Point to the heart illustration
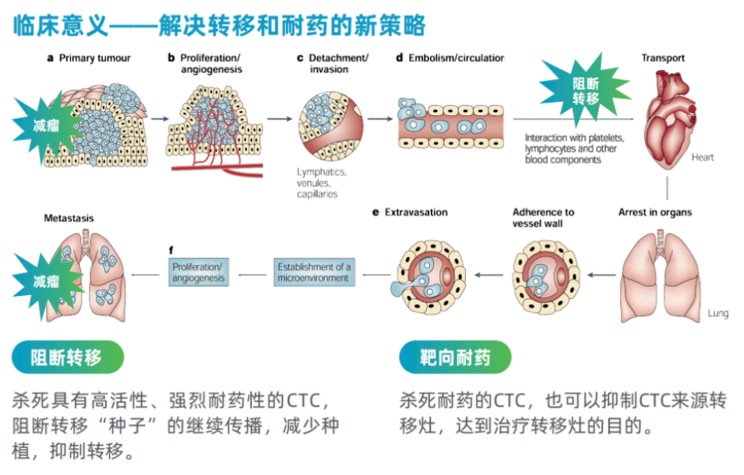click(668, 117)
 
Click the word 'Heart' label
click(702, 157)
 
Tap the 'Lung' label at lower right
click(718, 313)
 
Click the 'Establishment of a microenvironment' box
click(314, 273)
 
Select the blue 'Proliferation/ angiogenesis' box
click(199, 273)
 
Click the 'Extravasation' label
click(416, 212)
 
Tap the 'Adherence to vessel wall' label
click(543, 217)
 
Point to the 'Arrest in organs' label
click(654, 212)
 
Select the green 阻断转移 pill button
click(67, 357)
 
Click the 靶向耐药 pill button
click(455, 357)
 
